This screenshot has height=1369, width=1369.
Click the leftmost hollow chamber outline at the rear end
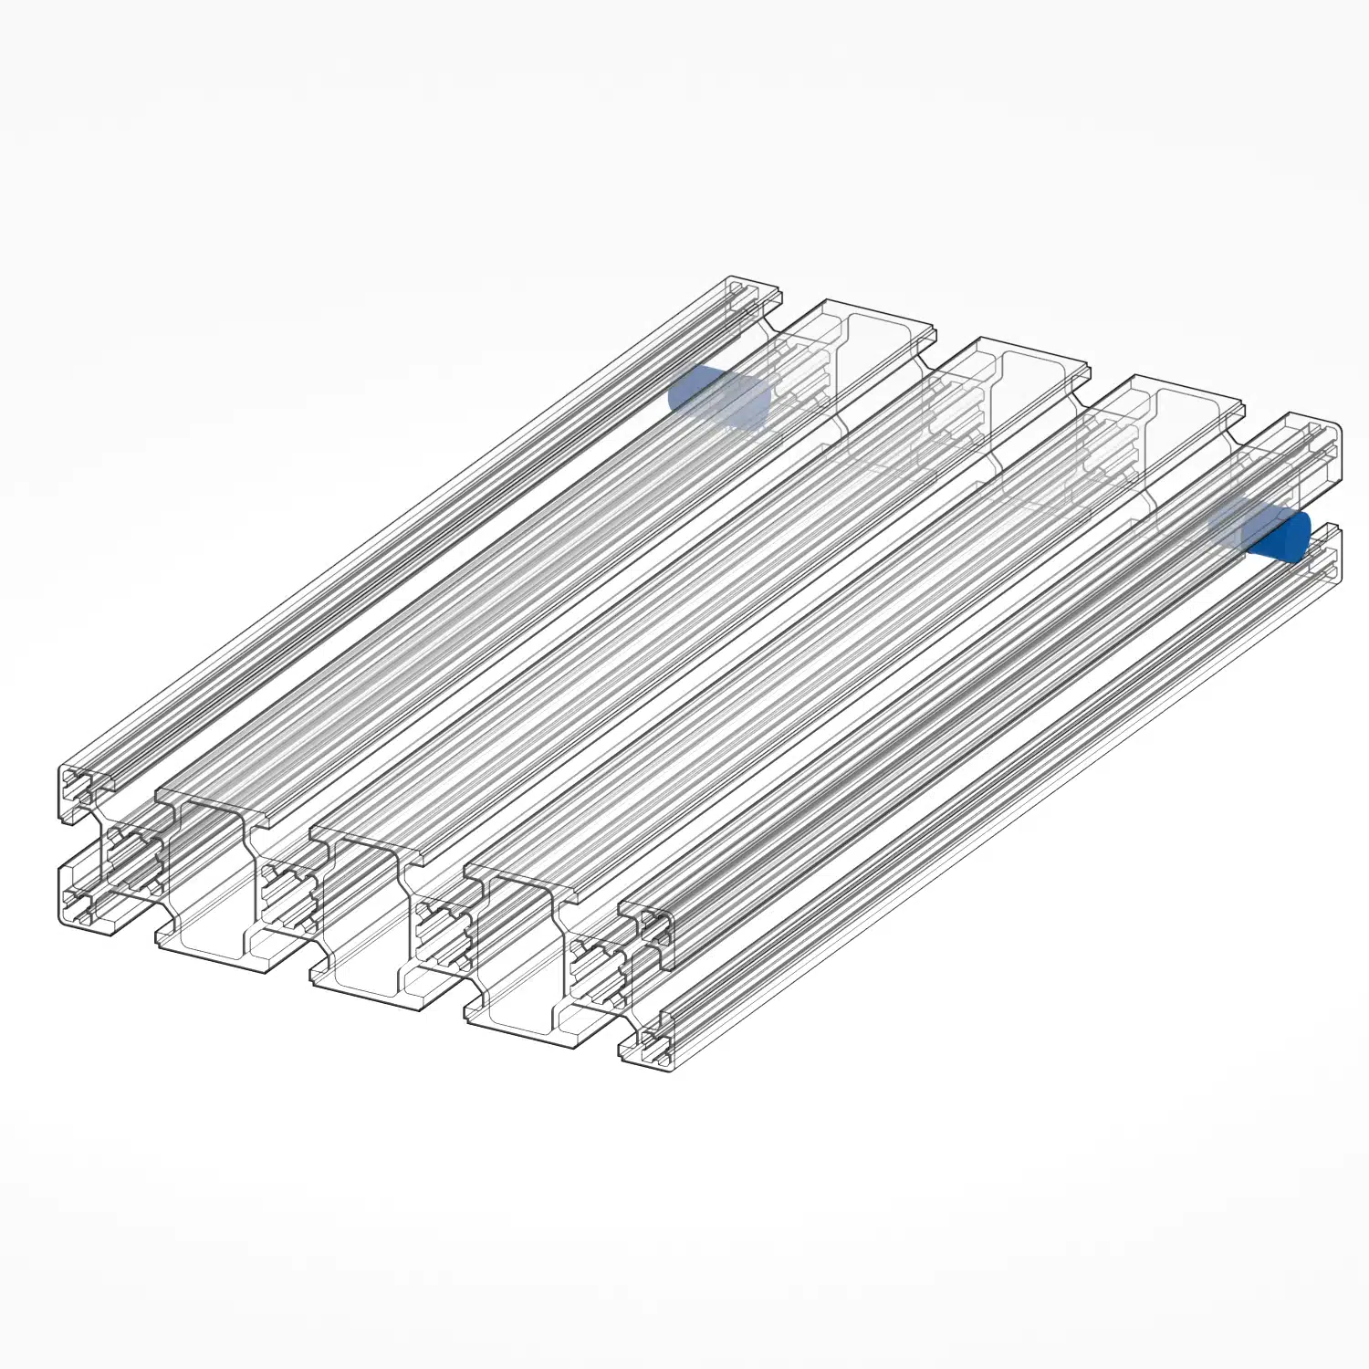(x=881, y=383)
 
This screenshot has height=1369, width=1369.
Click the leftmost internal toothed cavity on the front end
(x=132, y=858)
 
